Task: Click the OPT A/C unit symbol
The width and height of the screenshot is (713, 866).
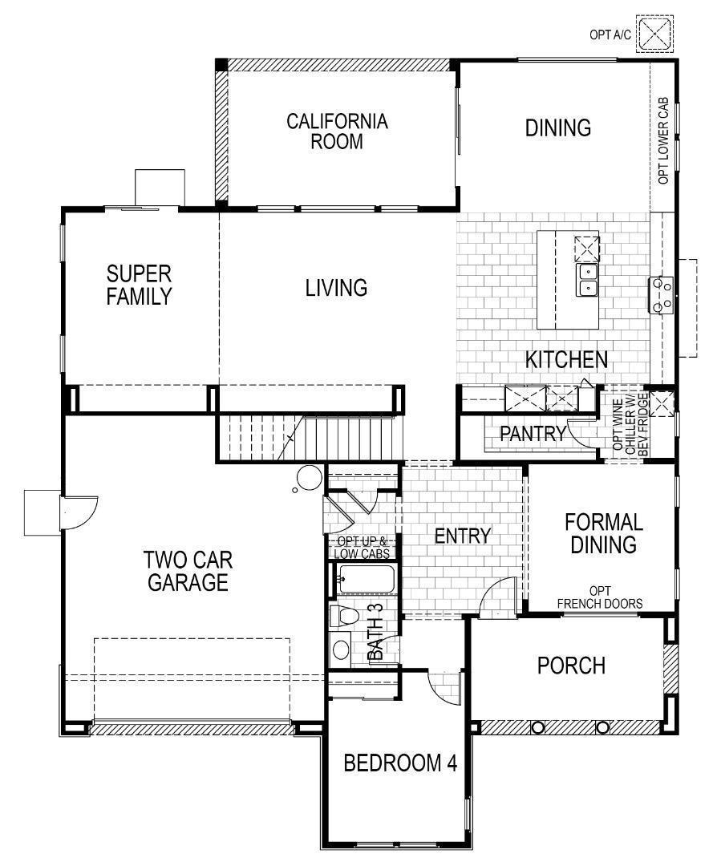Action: point(657,34)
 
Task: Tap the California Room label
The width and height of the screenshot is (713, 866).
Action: point(337,132)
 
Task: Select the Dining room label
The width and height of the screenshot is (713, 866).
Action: point(558,128)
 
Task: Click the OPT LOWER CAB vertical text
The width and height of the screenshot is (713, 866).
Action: point(663,142)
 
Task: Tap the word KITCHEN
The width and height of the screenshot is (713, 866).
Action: point(566,359)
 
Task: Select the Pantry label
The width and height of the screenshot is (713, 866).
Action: point(533,434)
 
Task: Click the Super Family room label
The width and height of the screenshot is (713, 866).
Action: point(140,285)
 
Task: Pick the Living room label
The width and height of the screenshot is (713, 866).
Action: point(336,287)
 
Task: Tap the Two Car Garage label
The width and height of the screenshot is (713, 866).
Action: point(186,570)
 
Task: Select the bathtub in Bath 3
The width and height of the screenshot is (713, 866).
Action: point(366,578)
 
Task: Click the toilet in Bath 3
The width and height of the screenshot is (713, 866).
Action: point(345,617)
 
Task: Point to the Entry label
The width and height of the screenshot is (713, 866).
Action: point(462,536)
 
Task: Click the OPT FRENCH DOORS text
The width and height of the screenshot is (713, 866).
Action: point(600,597)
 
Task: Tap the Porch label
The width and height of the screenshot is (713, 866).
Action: point(571,666)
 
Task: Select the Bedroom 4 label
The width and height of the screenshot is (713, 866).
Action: point(399,763)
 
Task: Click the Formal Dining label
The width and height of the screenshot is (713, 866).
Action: point(604,533)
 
